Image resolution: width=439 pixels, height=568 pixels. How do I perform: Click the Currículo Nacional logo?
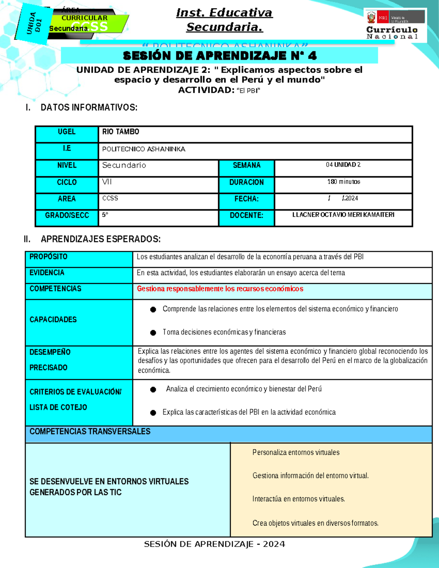click(394, 25)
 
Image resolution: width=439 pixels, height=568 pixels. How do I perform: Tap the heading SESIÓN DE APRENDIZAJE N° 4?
click(219, 56)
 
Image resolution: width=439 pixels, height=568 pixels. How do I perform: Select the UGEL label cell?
click(67, 132)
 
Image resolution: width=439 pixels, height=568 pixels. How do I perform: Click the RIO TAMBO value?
click(121, 132)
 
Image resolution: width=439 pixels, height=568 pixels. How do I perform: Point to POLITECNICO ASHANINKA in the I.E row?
click(144, 149)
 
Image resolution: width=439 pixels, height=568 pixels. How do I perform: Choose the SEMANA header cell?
click(247, 166)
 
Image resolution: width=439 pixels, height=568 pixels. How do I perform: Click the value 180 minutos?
click(344, 182)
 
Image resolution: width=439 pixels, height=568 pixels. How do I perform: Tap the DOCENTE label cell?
click(247, 216)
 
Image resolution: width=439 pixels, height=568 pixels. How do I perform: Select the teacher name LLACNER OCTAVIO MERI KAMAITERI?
click(343, 215)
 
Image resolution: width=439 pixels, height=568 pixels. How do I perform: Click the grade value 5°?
click(105, 215)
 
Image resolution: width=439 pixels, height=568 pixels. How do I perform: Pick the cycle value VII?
click(107, 182)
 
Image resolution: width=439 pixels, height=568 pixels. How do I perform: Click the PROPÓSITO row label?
click(49, 257)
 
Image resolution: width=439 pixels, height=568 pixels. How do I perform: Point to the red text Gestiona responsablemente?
click(220, 289)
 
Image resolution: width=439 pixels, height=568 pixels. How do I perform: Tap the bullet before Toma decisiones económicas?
click(153, 333)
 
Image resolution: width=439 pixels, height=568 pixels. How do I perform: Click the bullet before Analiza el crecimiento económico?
click(153, 390)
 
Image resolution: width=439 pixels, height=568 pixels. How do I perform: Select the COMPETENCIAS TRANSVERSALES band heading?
click(90, 432)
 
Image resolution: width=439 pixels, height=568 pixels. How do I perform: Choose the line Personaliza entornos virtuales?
click(296, 453)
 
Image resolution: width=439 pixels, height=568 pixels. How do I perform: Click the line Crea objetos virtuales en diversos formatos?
click(315, 523)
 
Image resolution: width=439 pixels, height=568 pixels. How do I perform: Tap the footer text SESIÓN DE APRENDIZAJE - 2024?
click(214, 544)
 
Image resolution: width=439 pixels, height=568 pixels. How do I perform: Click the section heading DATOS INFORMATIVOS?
click(89, 108)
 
